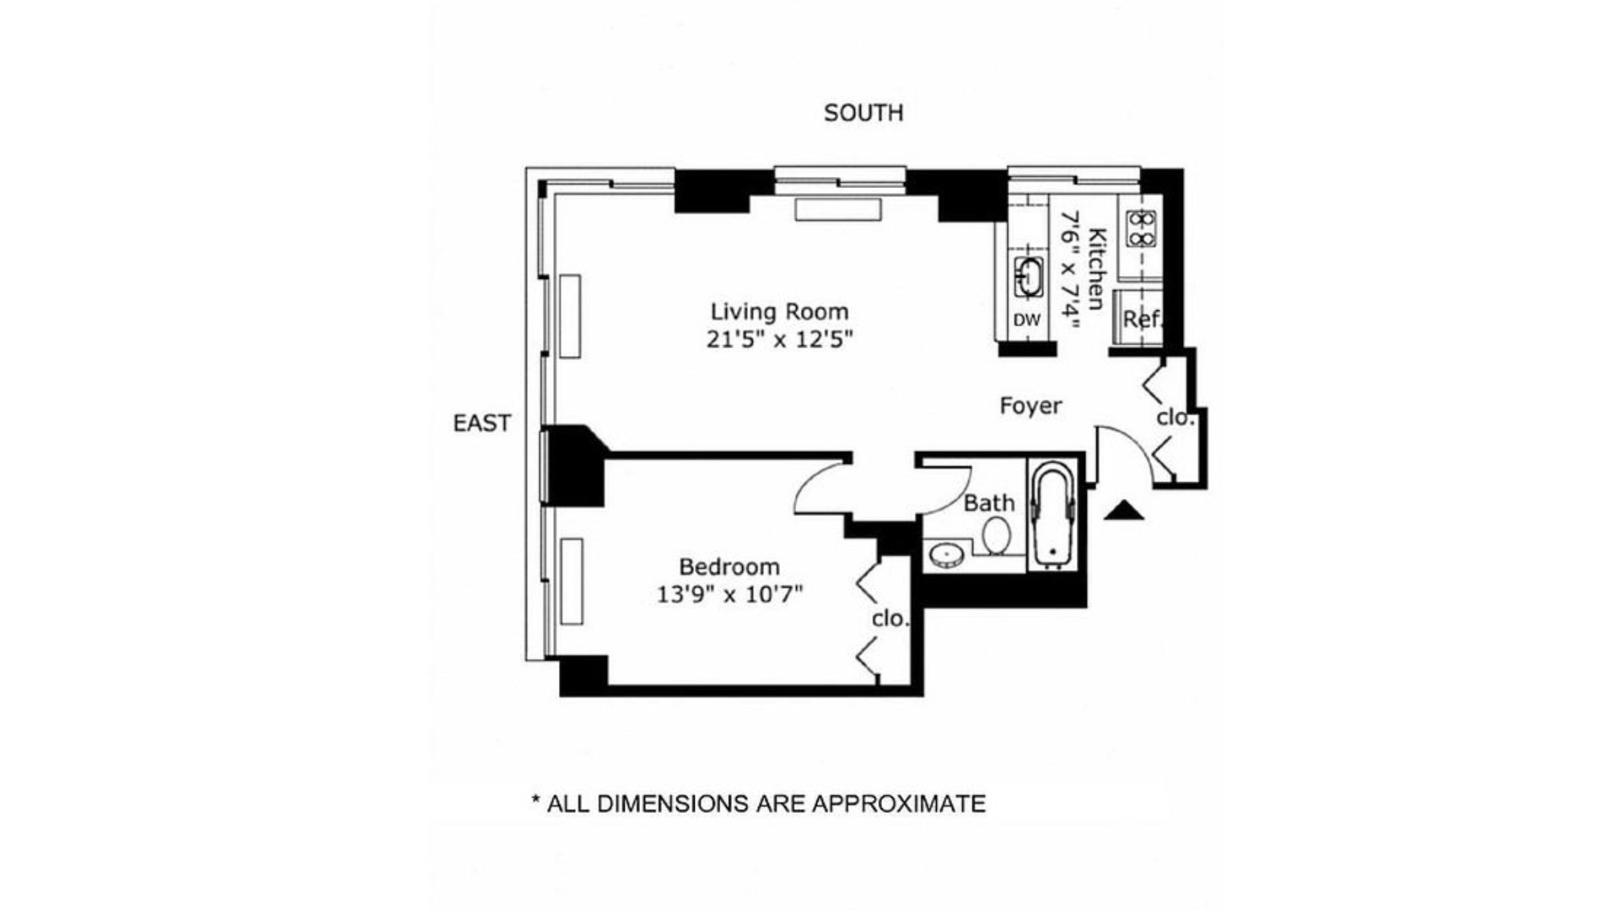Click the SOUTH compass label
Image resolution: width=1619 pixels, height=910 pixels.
pos(863,113)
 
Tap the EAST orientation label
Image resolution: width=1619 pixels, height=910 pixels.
pos(482,423)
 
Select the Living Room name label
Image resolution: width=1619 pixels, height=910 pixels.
pos(779,312)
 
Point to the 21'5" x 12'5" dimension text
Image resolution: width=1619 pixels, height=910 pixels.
pos(780,340)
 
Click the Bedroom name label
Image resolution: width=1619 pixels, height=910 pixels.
pos(729,566)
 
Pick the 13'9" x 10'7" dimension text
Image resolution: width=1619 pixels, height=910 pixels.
pos(729,595)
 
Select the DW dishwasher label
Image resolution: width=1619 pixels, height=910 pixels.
pos(1027,320)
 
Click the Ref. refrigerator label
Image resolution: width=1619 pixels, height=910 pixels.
pos(1143,320)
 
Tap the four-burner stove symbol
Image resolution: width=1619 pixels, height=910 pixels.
pos(1141,228)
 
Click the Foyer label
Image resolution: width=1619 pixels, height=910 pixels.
pos(1030,406)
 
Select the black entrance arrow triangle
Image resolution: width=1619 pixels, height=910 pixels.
pos(1124,510)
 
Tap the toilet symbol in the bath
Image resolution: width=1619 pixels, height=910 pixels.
pos(998,535)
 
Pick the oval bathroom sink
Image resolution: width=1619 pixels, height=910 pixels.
pos(948,555)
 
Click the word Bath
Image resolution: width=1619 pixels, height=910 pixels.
pos(989,503)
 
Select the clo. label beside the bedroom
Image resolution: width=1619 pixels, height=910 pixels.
pos(890,618)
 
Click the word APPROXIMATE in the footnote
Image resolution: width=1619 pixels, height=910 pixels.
pos(898,804)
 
